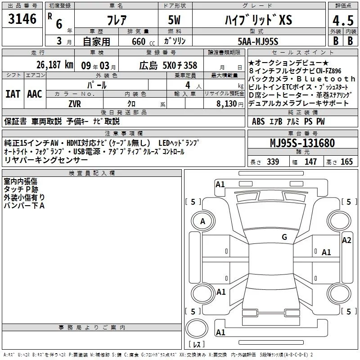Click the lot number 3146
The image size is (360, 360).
(22, 18)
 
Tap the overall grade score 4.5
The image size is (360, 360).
(343, 21)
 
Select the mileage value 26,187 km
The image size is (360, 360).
(54, 65)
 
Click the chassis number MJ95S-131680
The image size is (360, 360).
(302, 143)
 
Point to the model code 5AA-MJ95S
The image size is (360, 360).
(258, 41)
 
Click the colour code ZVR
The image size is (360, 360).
(75, 104)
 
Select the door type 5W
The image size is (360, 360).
(174, 20)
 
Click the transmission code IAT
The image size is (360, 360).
(13, 94)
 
